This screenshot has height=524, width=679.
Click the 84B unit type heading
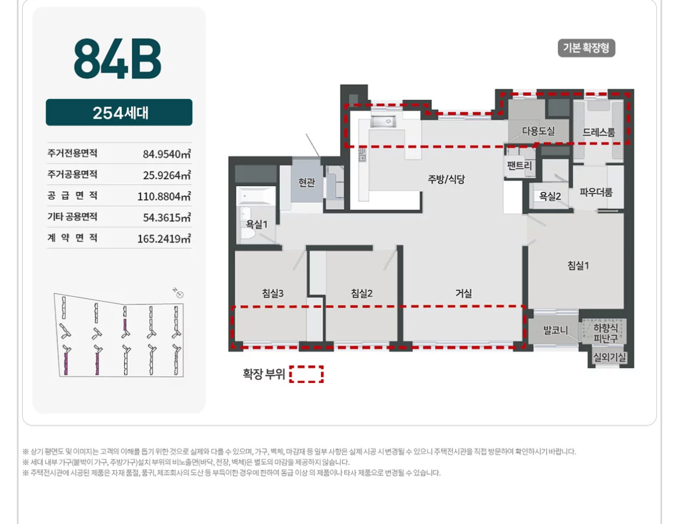click(x=117, y=59)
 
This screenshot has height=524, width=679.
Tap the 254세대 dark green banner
click(x=119, y=112)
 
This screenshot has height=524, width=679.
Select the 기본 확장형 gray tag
click(x=586, y=48)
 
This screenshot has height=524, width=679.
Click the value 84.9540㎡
click(x=167, y=154)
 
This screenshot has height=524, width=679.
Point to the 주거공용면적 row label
click(x=73, y=174)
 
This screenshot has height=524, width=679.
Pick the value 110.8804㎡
click(x=164, y=196)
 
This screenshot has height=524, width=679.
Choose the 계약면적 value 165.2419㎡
click(x=164, y=239)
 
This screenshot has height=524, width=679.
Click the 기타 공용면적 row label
click(x=73, y=217)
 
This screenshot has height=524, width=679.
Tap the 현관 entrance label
click(x=306, y=182)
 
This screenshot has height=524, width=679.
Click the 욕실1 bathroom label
click(x=257, y=224)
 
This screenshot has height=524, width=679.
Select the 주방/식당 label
click(x=446, y=179)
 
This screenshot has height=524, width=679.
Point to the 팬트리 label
click(x=519, y=165)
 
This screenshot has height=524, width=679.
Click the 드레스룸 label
click(x=598, y=132)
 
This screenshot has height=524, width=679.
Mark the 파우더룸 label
click(x=596, y=192)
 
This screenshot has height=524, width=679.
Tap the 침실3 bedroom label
click(x=273, y=293)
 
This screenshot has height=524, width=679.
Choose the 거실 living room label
click(x=463, y=293)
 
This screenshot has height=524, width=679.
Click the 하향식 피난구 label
click(x=605, y=333)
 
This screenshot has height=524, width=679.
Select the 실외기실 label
click(x=609, y=357)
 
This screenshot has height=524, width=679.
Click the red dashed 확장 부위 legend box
click(x=306, y=374)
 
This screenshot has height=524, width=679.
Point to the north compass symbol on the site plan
click(x=178, y=293)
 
